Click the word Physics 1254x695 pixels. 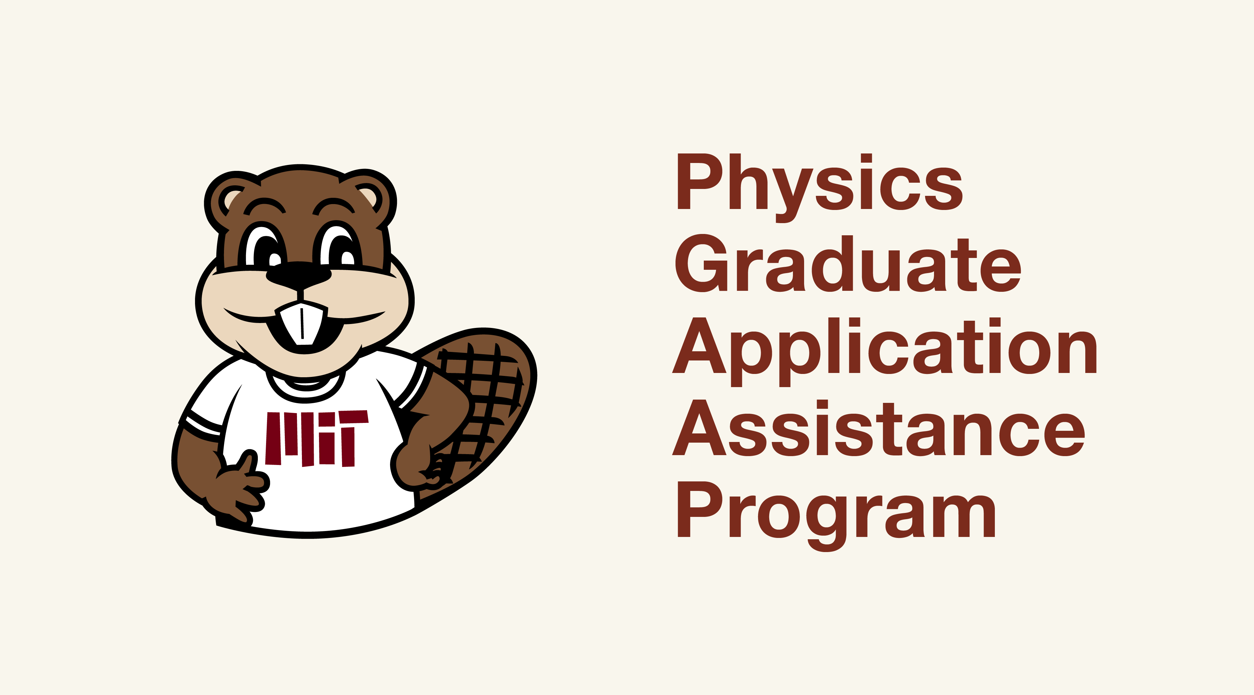820,188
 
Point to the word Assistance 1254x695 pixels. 879,428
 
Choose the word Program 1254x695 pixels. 836,516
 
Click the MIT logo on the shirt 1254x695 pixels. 317,438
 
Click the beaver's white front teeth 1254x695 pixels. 302,323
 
